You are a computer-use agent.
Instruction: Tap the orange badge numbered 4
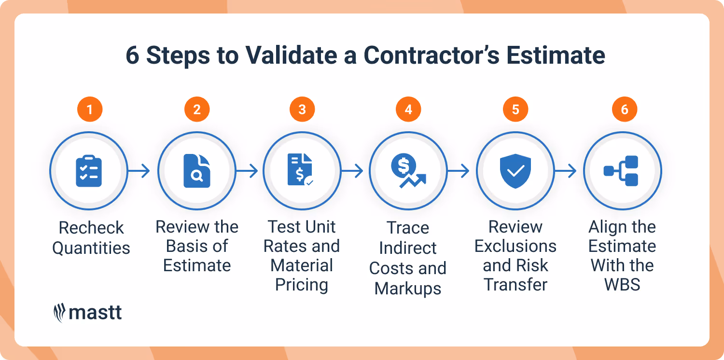pyautogui.click(x=408, y=110)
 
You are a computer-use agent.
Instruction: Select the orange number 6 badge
pyautogui.click(x=625, y=110)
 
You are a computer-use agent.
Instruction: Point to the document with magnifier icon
pyautogui.click(x=197, y=171)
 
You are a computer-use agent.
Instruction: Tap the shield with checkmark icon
pyautogui.click(x=515, y=171)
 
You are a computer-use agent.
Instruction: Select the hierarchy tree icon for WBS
pyautogui.click(x=622, y=171)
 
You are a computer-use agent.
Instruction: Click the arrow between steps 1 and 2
pyautogui.click(x=139, y=171)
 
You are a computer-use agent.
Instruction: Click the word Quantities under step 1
pyautogui.click(x=91, y=248)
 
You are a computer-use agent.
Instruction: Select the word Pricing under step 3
pyautogui.click(x=302, y=285)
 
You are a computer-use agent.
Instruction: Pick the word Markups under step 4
pyautogui.click(x=408, y=289)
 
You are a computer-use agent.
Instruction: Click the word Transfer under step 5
pyautogui.click(x=515, y=285)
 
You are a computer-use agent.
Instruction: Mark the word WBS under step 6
pyautogui.click(x=622, y=285)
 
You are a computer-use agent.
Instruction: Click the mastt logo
pyautogui.click(x=87, y=313)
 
